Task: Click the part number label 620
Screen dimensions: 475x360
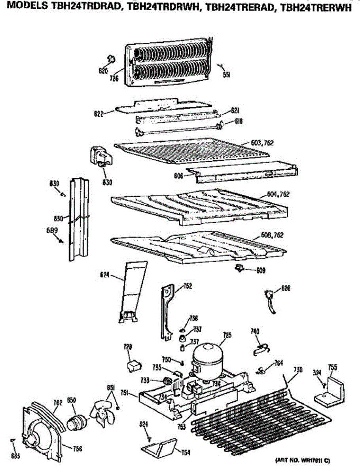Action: tap(103, 71)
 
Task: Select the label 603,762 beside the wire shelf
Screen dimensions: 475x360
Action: tap(262, 143)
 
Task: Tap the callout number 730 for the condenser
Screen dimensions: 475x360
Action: tap(297, 370)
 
